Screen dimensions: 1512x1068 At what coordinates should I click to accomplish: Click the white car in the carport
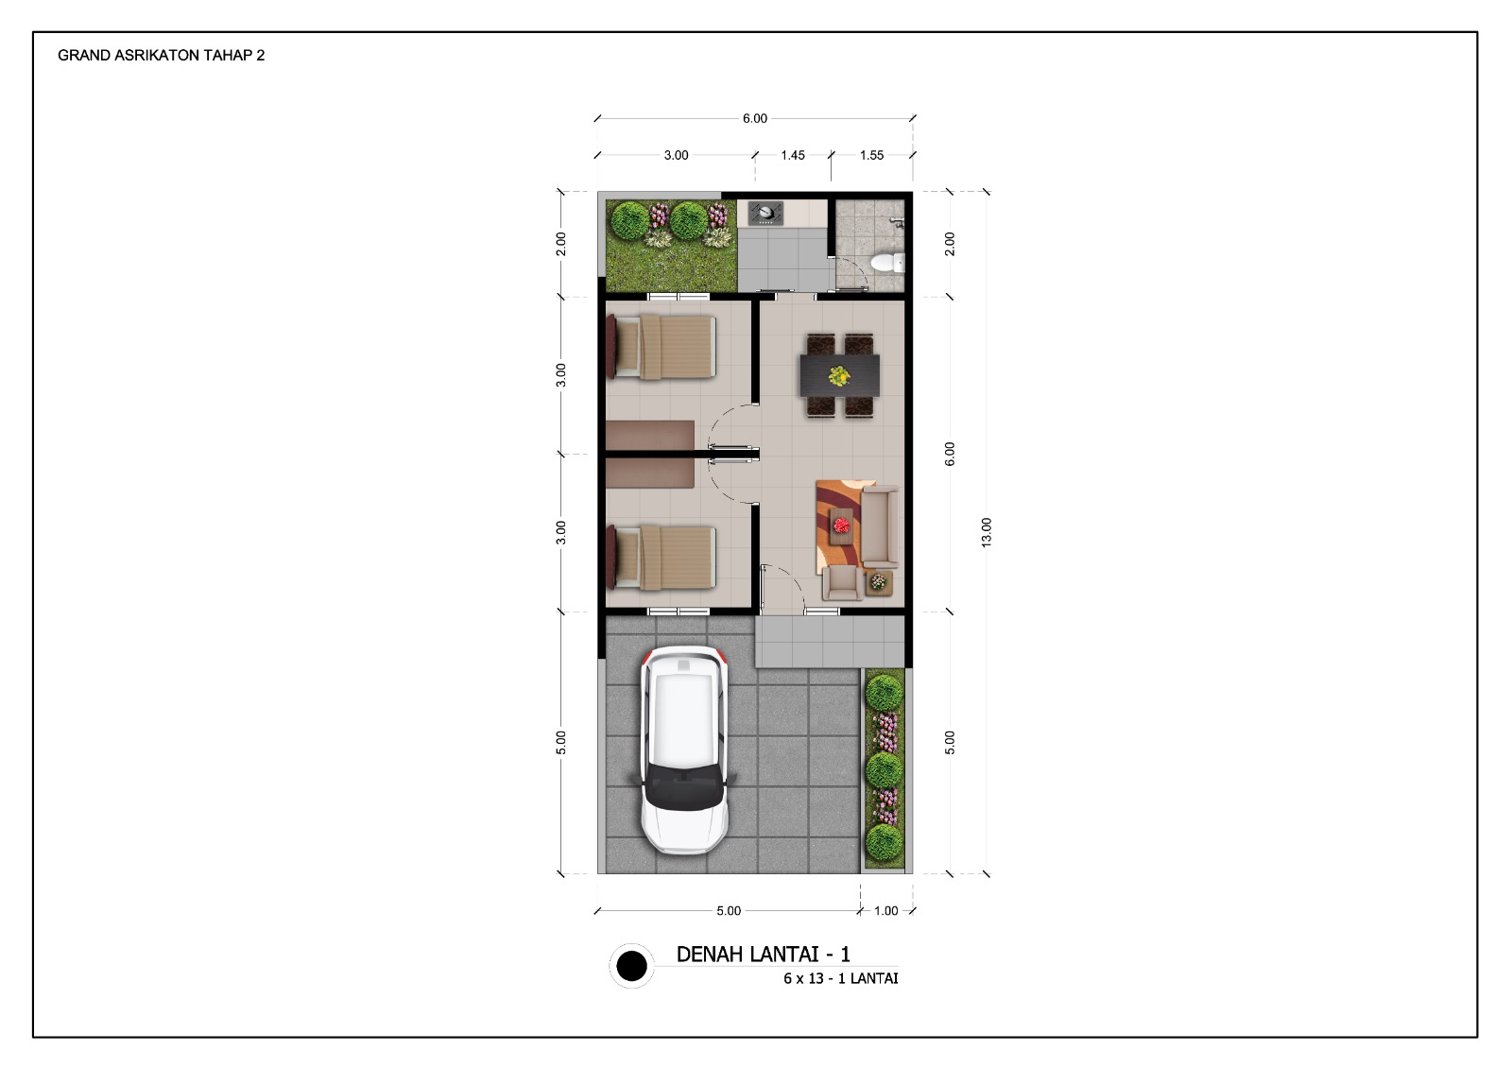pos(684,750)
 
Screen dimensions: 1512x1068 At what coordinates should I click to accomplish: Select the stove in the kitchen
pos(765,214)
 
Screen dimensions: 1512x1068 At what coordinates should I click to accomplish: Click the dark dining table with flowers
pos(840,375)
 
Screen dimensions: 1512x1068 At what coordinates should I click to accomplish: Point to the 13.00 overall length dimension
pos(987,532)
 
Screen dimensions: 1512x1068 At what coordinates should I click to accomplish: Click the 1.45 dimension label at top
pos(793,155)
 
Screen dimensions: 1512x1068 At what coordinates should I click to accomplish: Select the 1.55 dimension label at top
pos(871,155)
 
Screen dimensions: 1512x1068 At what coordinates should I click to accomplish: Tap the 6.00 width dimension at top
pos(755,119)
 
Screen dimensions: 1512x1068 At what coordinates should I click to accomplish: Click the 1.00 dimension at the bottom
pos(885,911)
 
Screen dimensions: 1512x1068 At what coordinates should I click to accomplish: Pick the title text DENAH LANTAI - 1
pos(764,954)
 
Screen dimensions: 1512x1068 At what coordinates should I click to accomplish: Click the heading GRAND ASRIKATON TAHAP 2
pos(162,56)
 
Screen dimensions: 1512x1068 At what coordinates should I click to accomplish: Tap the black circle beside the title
pos(632,965)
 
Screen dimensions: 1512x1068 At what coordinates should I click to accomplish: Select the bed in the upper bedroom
pos(661,348)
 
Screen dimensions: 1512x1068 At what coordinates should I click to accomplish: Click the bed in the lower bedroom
pos(661,558)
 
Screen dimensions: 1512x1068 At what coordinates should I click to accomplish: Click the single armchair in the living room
pos(842,582)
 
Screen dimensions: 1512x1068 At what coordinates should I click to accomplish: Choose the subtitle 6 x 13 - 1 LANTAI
pos(841,978)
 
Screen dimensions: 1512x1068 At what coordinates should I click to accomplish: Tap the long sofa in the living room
pos(880,526)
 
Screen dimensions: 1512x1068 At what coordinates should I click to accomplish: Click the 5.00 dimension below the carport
pos(729,911)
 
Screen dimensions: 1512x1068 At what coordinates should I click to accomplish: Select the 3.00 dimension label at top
pos(676,155)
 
